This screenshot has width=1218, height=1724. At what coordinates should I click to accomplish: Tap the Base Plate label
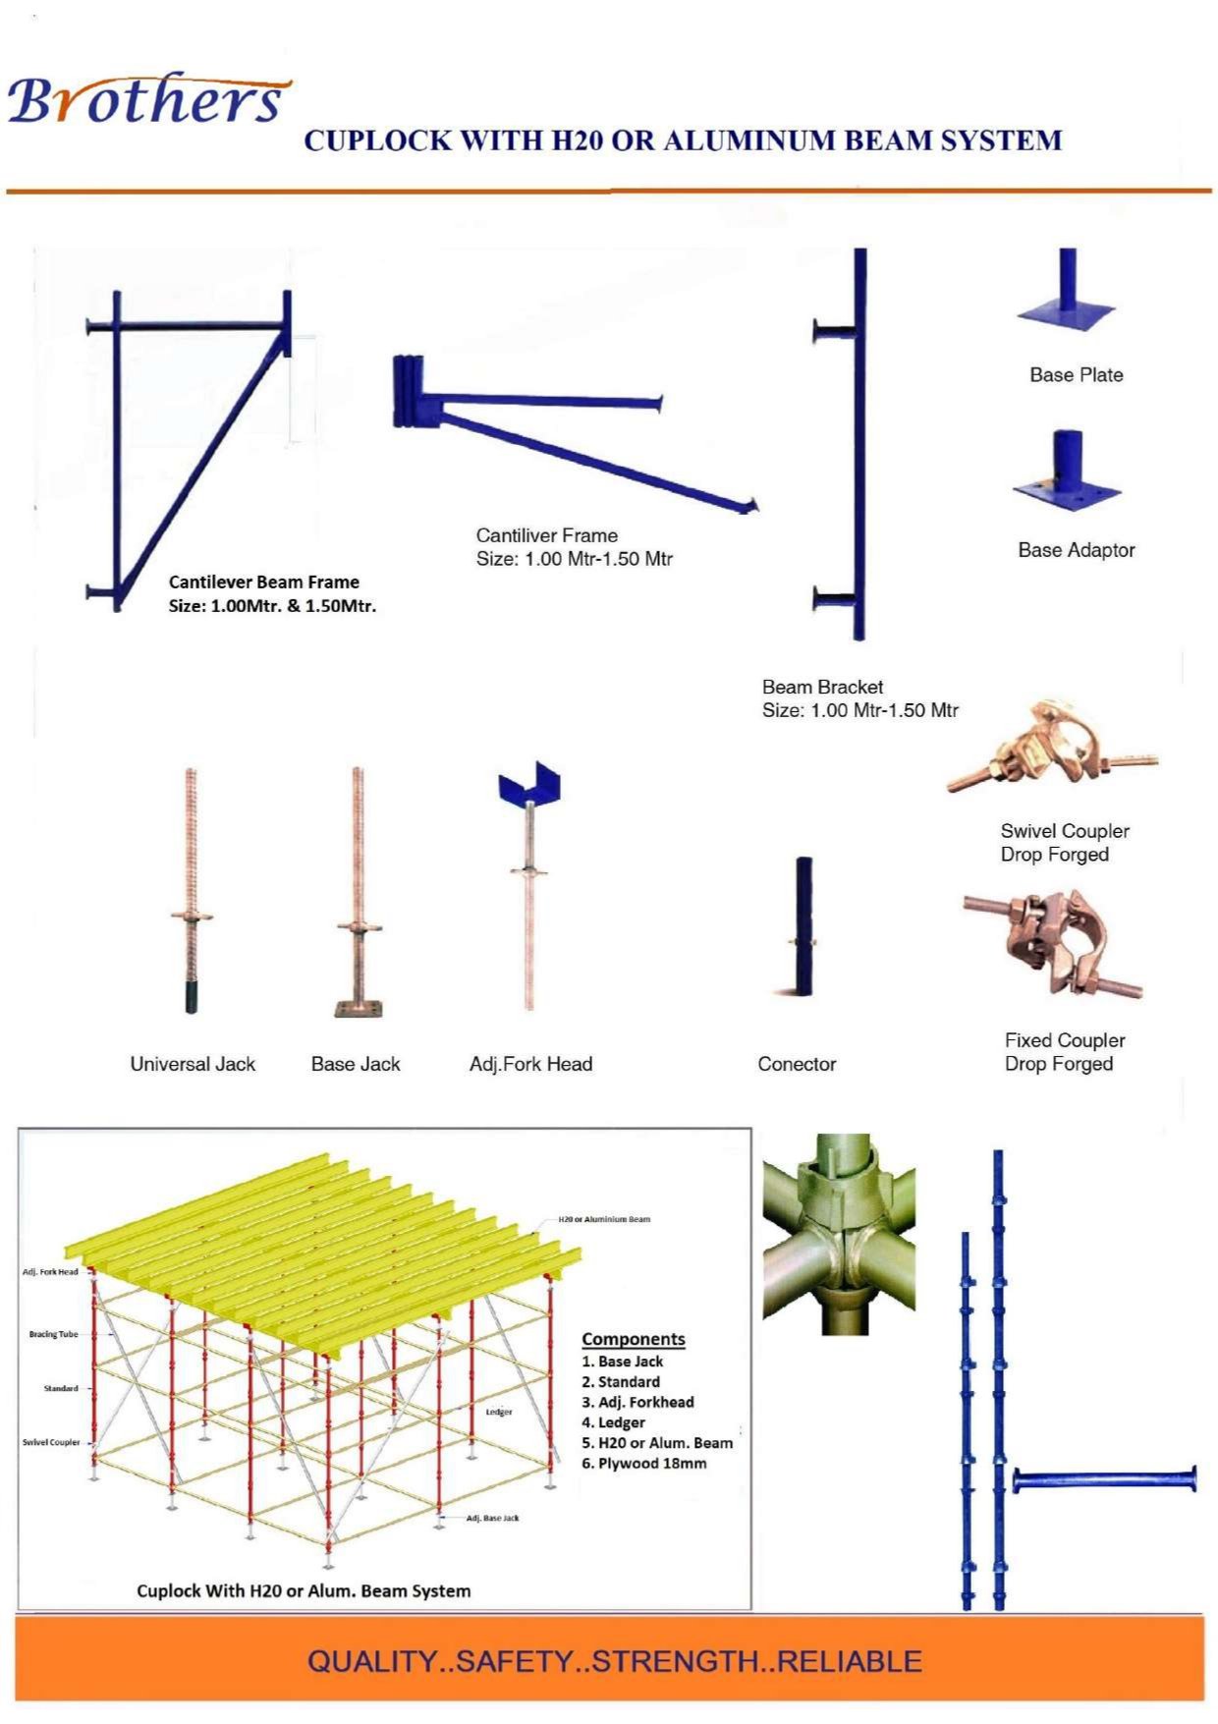coord(1076,374)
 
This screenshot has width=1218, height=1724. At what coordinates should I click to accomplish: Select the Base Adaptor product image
coord(1068,471)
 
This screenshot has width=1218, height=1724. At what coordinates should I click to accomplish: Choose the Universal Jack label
coord(193,1064)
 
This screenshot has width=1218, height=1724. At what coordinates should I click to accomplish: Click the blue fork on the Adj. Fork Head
coord(529,781)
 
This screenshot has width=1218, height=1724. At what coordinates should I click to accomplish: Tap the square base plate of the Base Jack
coord(358,1009)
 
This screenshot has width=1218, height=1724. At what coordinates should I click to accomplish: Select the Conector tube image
coord(803,924)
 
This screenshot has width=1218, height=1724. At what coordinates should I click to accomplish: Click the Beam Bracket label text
coord(822,687)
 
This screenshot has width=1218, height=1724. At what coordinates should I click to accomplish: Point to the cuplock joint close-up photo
coord(839,1234)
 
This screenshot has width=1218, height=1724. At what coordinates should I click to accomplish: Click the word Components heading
coord(634,1339)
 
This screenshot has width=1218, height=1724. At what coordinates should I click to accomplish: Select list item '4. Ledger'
coord(613,1422)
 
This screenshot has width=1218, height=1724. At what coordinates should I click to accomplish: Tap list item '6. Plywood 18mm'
coord(643,1464)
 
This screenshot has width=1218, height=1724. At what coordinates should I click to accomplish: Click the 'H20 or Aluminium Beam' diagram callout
coord(604,1219)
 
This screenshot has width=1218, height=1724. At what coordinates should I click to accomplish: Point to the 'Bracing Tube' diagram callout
coord(54,1334)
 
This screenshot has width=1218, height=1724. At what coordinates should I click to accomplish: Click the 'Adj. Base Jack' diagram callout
coord(493,1518)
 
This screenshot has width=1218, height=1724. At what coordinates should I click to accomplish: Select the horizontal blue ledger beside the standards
coord(1105,1480)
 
